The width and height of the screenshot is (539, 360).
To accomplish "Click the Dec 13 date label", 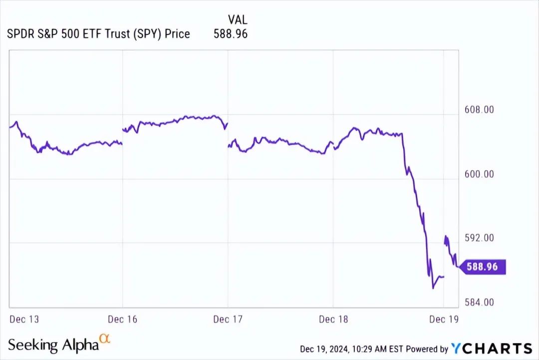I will (x=24, y=319).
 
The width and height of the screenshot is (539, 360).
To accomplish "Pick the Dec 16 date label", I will (x=123, y=319).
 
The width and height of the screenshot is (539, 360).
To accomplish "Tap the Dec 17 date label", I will (x=228, y=319).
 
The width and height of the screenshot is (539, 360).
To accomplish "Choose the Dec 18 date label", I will (x=333, y=319).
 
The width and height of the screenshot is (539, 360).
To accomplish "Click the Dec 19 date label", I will (x=444, y=319).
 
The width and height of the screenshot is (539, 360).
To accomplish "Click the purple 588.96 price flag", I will (x=482, y=267).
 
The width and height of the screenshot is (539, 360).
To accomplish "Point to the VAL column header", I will (x=238, y=20).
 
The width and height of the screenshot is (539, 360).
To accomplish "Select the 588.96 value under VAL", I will (x=231, y=34).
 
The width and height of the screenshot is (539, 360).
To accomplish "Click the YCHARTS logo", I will (x=492, y=349).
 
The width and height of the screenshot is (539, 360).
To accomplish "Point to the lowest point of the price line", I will (x=433, y=288).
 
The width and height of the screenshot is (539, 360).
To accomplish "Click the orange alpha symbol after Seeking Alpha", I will (x=105, y=339).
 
